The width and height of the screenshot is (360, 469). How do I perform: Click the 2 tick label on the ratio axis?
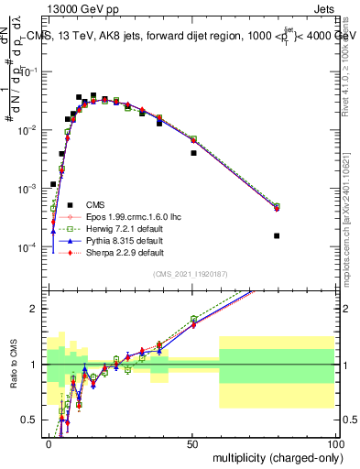click(38, 309)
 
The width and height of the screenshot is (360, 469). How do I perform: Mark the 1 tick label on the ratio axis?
click(38, 365)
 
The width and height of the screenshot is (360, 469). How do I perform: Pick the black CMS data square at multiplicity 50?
click(193, 153)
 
